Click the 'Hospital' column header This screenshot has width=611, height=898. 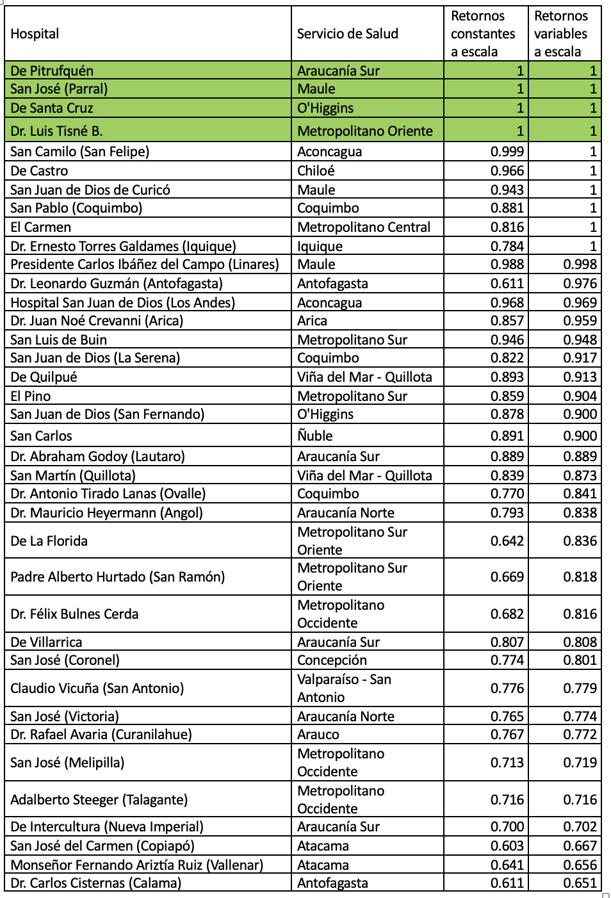tap(35, 34)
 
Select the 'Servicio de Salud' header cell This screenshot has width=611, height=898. tap(347, 34)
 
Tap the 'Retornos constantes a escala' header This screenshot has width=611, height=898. tap(483, 34)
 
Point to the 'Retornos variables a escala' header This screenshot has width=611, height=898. tap(561, 34)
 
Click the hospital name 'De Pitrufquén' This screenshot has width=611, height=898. tap(52, 70)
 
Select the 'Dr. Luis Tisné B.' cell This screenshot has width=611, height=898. tap(56, 131)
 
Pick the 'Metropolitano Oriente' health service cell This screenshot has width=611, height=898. tap(365, 131)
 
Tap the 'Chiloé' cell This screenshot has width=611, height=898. tap(316, 171)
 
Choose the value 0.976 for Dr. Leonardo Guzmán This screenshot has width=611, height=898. tap(580, 284)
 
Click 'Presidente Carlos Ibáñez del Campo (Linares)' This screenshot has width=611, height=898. tap(145, 265)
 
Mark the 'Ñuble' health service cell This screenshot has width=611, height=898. tap(315, 436)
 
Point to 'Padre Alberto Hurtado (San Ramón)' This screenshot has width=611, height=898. tap(118, 577)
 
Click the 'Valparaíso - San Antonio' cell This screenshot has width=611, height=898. tap(344, 689)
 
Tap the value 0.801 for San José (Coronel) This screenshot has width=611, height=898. tap(580, 660)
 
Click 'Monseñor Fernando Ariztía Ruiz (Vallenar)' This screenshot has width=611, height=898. tap(137, 865)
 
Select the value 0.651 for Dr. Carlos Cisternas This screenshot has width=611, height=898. tap(580, 883)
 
